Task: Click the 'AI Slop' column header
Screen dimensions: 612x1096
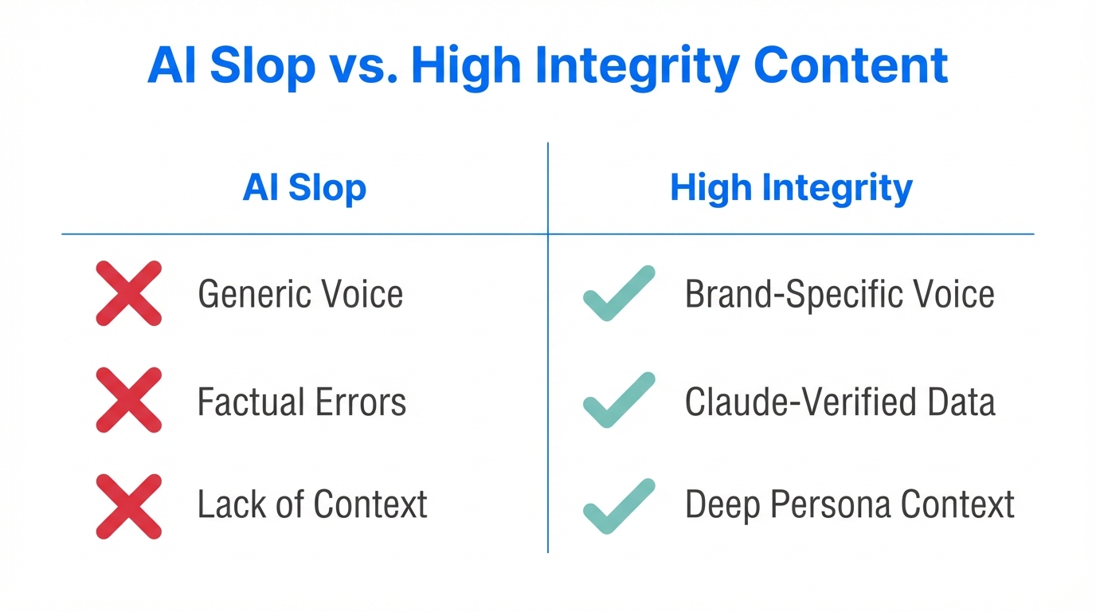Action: click(x=304, y=188)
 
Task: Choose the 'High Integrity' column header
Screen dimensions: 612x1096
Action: click(x=791, y=188)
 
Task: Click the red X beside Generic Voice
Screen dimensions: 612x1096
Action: click(x=129, y=293)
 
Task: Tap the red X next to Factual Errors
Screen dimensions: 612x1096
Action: click(x=129, y=400)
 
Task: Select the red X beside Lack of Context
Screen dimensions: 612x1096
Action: click(x=129, y=506)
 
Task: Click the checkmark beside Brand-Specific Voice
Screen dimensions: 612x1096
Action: click(x=618, y=293)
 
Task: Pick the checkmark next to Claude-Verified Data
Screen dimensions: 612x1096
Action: click(x=618, y=400)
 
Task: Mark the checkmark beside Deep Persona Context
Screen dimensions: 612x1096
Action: click(x=618, y=506)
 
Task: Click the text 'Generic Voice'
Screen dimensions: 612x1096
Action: click(x=300, y=294)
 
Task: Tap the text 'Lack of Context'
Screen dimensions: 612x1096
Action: click(x=312, y=504)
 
